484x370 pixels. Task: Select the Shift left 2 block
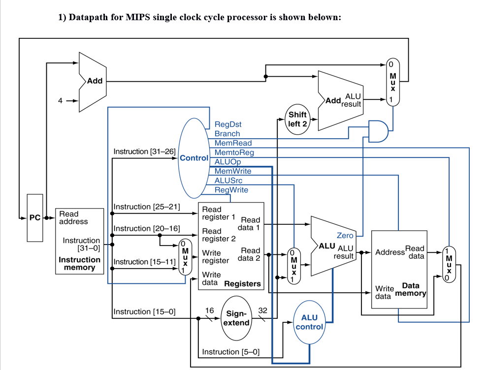pos(297,119)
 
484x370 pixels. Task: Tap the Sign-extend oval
pos(236,318)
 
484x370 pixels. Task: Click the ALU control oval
pos(309,322)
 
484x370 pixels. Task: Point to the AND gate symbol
pos(378,131)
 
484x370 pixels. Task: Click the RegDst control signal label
pos(228,124)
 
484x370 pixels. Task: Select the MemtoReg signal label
pos(234,153)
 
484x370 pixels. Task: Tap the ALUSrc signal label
pos(228,181)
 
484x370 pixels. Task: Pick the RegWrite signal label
pos(231,190)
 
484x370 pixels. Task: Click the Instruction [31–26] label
pos(144,152)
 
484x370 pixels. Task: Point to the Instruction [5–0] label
pos(230,352)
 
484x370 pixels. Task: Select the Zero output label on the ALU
pos(345,236)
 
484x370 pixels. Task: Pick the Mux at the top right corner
pos(392,82)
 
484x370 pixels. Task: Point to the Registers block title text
pos(242,284)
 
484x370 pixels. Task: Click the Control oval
pos(193,158)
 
